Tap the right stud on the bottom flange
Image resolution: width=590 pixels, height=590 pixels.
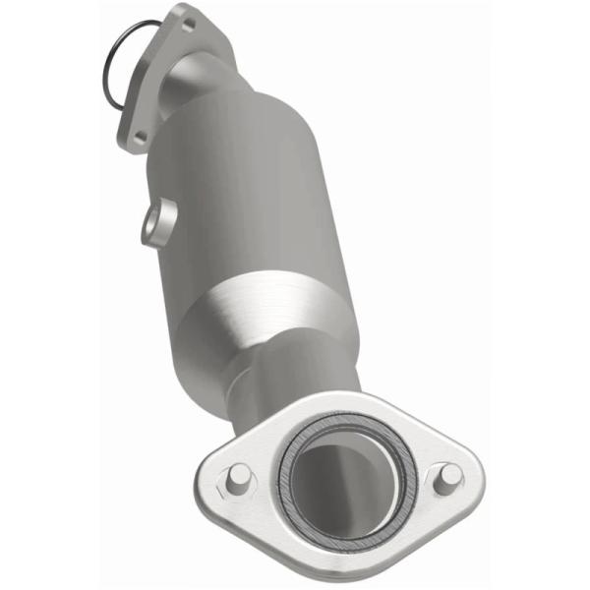448,475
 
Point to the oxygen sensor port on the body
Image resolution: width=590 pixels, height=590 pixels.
156,224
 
